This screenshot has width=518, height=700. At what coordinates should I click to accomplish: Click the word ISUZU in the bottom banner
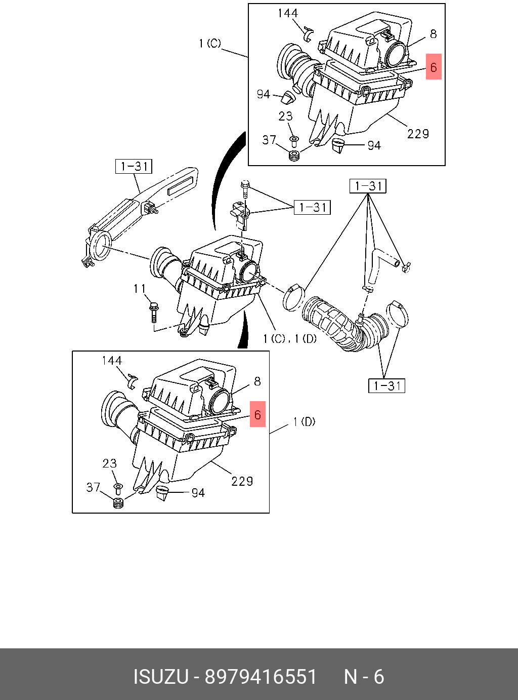tap(161, 677)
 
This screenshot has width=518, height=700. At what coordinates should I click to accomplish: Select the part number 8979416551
tap(261, 677)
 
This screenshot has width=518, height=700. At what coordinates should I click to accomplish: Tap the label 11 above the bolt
tap(140, 288)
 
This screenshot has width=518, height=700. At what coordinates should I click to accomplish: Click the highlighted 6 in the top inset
tap(434, 66)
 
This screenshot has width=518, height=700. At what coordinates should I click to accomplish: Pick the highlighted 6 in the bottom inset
tap(257, 414)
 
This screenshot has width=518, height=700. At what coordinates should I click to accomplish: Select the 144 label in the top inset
tap(287, 13)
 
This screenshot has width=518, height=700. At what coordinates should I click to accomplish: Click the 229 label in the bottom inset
tap(242, 481)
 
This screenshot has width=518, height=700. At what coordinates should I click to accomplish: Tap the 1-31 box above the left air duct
tap(134, 166)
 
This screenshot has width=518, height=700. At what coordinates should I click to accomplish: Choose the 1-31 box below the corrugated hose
tap(386, 385)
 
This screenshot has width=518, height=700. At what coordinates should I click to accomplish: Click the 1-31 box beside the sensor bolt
tap(312, 207)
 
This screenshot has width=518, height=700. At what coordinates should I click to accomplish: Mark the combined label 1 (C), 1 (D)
tap(290, 339)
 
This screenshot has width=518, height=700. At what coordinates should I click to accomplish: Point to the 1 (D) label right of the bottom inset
tap(304, 421)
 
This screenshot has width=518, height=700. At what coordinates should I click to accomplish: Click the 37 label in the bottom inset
tap(93, 487)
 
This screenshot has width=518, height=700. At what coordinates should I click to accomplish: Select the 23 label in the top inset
tap(285, 116)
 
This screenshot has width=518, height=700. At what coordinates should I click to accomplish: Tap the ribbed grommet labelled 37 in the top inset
tap(294, 155)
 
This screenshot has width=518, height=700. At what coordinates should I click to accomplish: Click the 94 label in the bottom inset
tap(198, 493)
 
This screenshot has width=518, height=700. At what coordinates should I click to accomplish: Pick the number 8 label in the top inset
tap(434, 34)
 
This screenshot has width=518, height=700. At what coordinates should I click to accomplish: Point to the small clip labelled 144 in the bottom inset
tap(133, 381)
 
